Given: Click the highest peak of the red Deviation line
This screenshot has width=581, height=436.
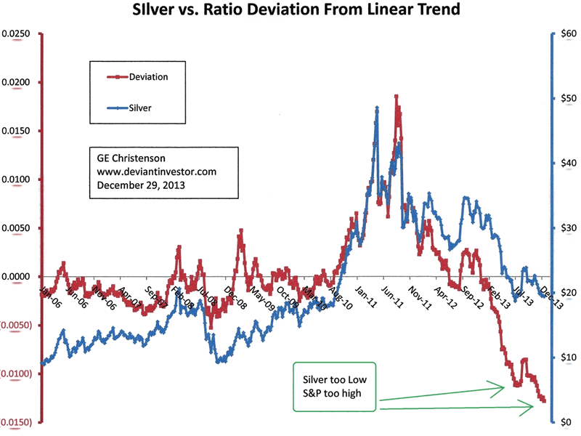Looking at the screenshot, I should pyautogui.click(x=396, y=96).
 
